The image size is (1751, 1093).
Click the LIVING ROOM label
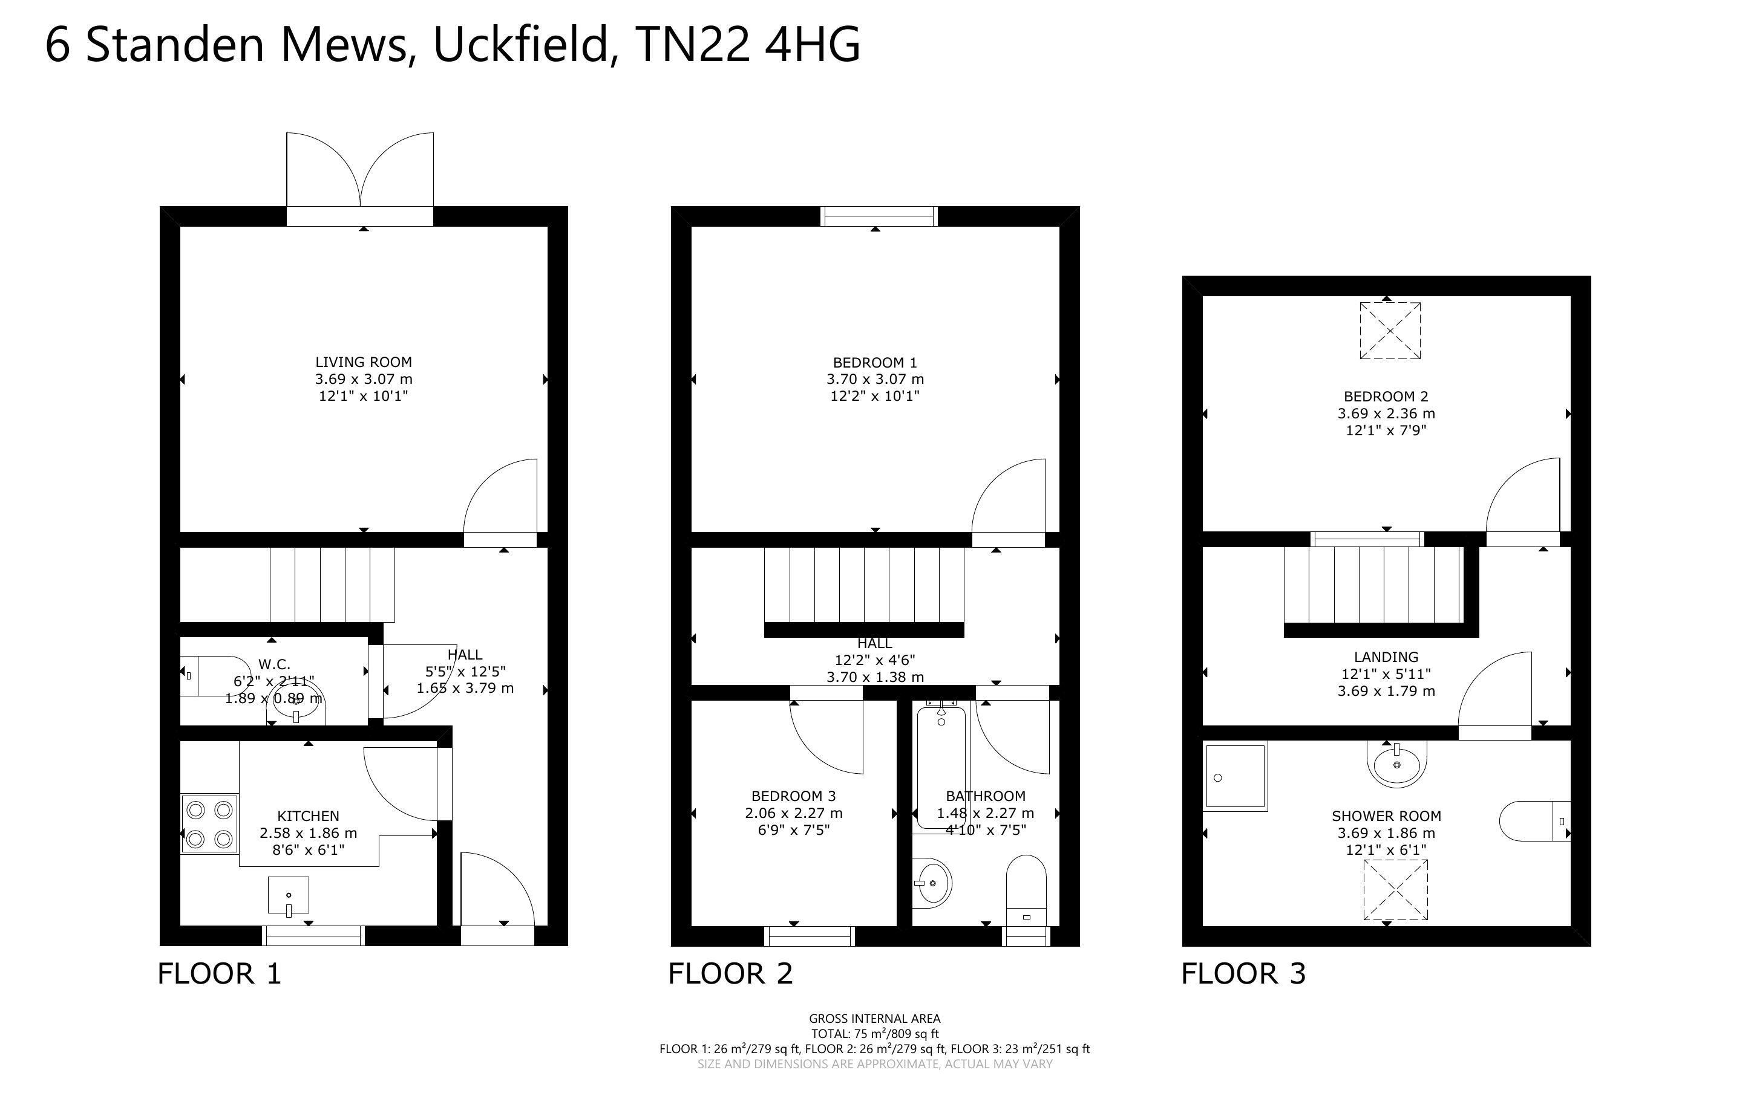pyautogui.click(x=363, y=362)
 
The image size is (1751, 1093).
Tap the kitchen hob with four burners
pyautogui.click(x=209, y=824)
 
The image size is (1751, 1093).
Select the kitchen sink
pyautogui.click(x=289, y=897)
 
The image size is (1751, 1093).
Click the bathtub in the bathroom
pyautogui.click(x=941, y=767)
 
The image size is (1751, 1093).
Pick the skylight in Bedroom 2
pyautogui.click(x=1389, y=330)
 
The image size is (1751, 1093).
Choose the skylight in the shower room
pyautogui.click(x=1395, y=890)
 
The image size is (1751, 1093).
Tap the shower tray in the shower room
pyautogui.click(x=1236, y=776)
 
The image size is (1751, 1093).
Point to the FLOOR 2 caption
pyautogui.click(x=730, y=975)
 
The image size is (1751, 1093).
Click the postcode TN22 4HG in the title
pyautogui.click(x=747, y=45)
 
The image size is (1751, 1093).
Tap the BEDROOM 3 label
pyautogui.click(x=793, y=796)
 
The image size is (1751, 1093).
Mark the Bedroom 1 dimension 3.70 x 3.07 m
pyautogui.click(x=875, y=379)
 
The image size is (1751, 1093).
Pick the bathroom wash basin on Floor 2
pyautogui.click(x=932, y=883)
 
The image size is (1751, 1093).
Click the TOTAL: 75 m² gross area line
pyautogui.click(x=874, y=1034)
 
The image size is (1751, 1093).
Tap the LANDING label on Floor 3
pyautogui.click(x=1386, y=657)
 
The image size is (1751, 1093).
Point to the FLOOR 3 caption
pyautogui.click(x=1243, y=975)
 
